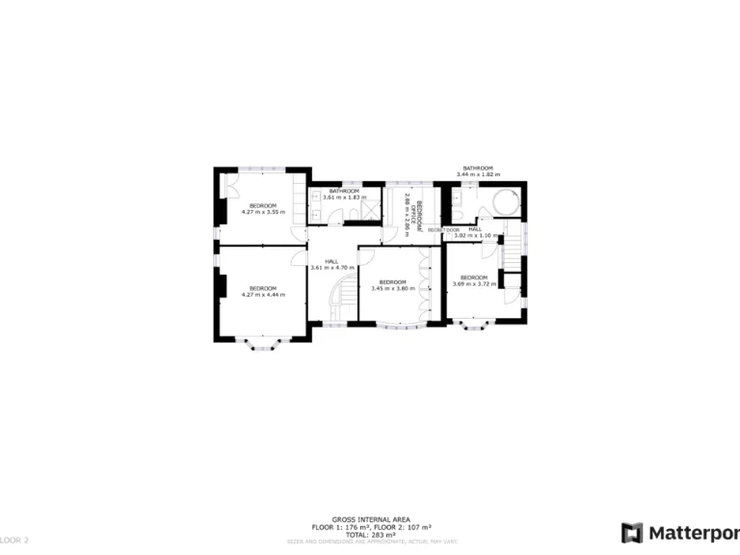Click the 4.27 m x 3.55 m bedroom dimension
click(263, 211)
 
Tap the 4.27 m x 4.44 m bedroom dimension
click(263, 294)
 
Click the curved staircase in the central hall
click(341, 293)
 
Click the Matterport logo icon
click(631, 533)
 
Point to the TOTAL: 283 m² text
click(370, 534)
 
